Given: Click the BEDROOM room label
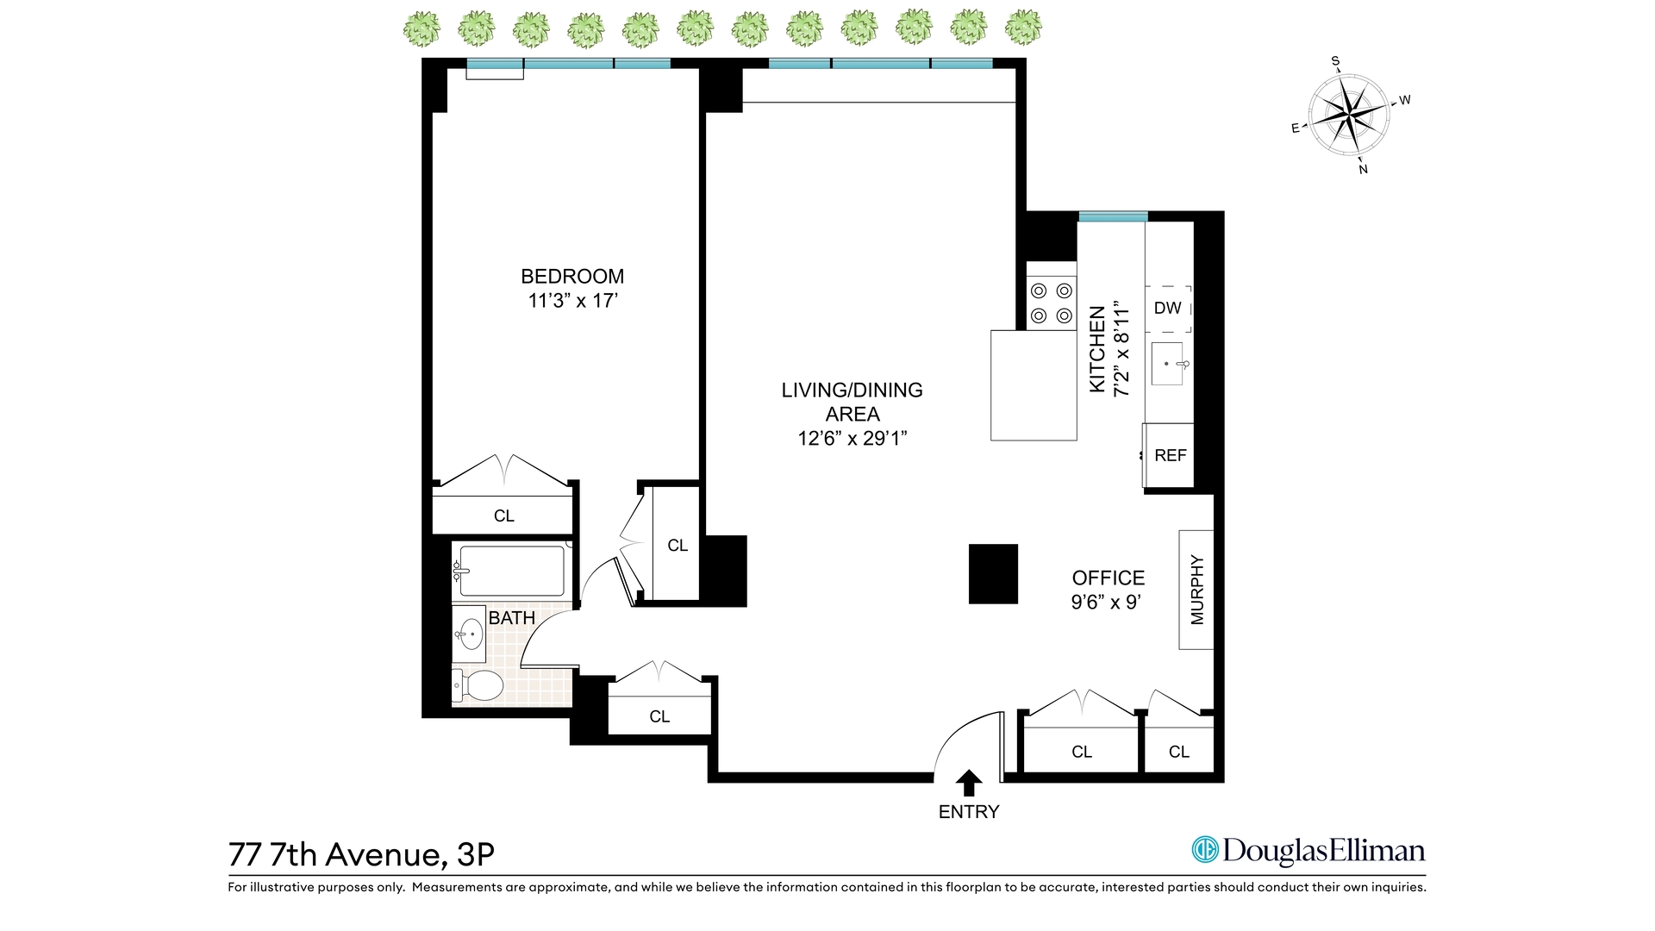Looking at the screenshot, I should pyautogui.click(x=572, y=277).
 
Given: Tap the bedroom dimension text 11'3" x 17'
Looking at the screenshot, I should pyautogui.click(x=573, y=301).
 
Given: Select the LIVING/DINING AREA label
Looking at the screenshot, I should pyautogui.click(x=852, y=402).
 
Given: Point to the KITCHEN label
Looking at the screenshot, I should pyautogui.click(x=1097, y=349).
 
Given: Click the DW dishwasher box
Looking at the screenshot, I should pyautogui.click(x=1168, y=309).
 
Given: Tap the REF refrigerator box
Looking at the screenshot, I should pyautogui.click(x=1170, y=455).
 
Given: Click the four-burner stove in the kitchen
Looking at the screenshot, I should pyautogui.click(x=1052, y=303).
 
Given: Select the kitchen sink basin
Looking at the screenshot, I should pyautogui.click(x=1167, y=364).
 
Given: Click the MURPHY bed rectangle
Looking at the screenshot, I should pyautogui.click(x=1196, y=590).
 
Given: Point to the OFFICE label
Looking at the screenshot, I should pyautogui.click(x=1109, y=578).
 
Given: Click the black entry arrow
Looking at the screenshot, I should pyautogui.click(x=969, y=783).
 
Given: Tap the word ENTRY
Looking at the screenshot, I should pyautogui.click(x=969, y=812).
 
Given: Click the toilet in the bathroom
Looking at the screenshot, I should pyautogui.click(x=478, y=686).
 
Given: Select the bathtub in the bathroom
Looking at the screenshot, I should pyautogui.click(x=511, y=571).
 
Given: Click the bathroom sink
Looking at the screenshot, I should pyautogui.click(x=470, y=635).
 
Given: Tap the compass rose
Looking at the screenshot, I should pyautogui.click(x=1349, y=115).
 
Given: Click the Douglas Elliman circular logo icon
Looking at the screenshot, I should pyautogui.click(x=1204, y=850).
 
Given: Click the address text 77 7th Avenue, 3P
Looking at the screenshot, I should pyautogui.click(x=361, y=854).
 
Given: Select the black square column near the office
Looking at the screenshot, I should pyautogui.click(x=993, y=573).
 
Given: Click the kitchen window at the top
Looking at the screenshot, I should pyautogui.click(x=1112, y=216).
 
